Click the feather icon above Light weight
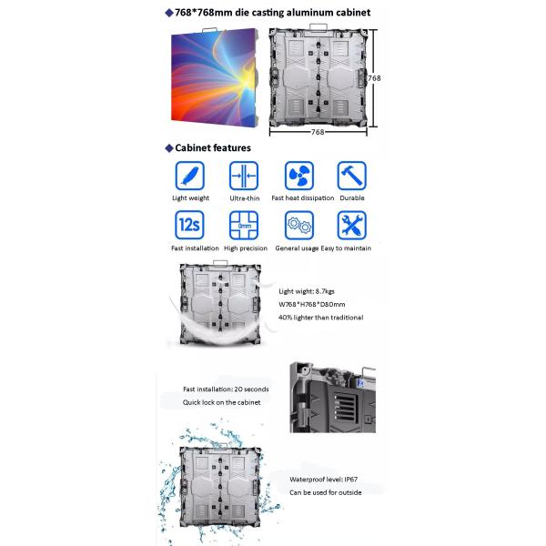(190, 176)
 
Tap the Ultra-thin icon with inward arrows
(244, 176)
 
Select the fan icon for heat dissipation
(299, 176)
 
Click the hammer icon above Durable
(351, 176)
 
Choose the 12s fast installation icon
(189, 225)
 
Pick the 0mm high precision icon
(244, 225)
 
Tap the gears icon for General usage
(299, 225)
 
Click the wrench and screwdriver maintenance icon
(351, 225)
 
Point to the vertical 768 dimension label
(374, 78)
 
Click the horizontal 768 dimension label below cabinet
(318, 132)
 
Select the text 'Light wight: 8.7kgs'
(307, 291)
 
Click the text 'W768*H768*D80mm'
(311, 304)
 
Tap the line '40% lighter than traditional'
(320, 318)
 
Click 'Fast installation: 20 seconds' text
(226, 389)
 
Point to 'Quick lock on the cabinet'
(221, 402)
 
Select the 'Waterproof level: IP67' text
(323, 480)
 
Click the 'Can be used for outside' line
(325, 492)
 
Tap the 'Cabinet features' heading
(213, 148)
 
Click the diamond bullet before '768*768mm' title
(169, 14)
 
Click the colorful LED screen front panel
(214, 76)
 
